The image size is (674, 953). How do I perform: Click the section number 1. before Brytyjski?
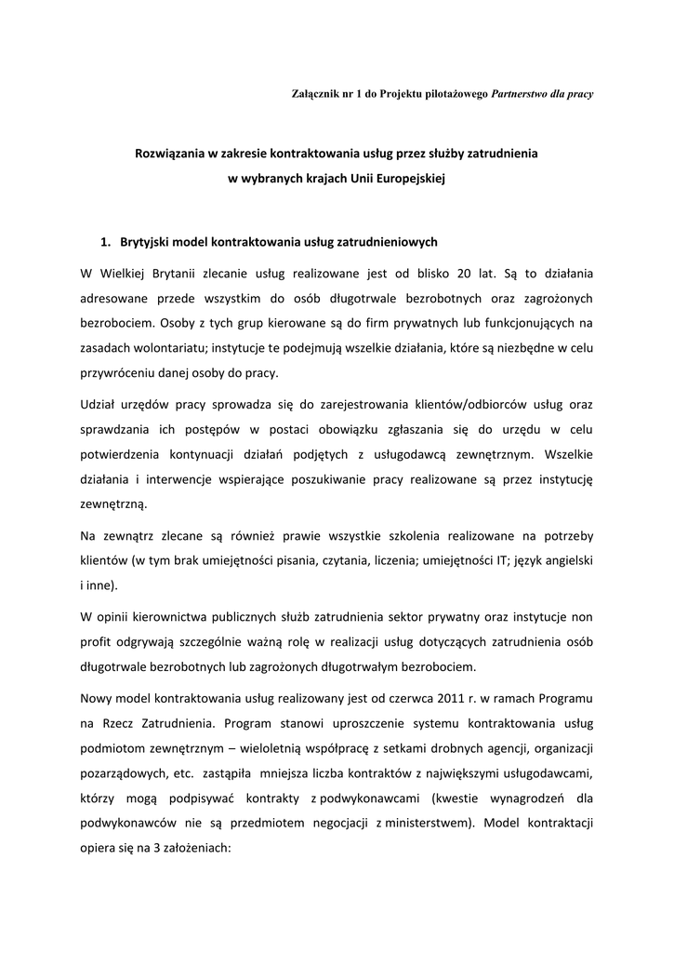coord(106,242)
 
